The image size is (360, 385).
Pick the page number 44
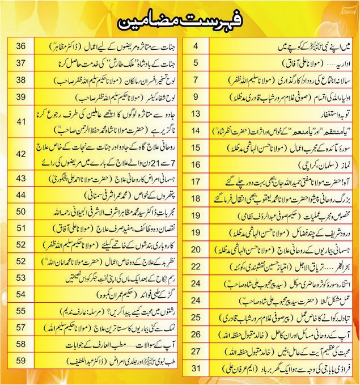pyautogui.click(x=23, y=194)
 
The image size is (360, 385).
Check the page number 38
pyautogui.click(x=23, y=79)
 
